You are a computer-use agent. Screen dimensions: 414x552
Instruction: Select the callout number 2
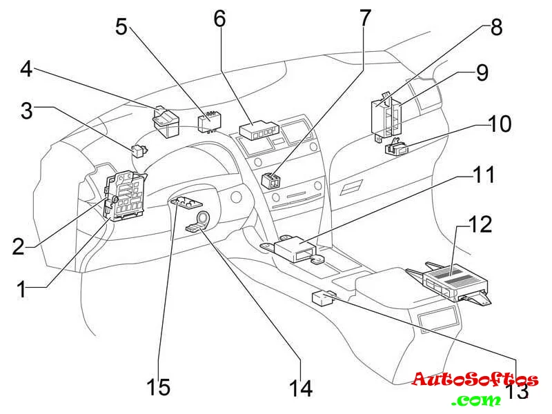pos(19,246)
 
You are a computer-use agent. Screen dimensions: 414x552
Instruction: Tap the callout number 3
pos(26,111)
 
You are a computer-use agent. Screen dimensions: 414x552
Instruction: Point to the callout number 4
pos(26,69)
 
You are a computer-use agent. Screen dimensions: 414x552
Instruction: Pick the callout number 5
pos(121,27)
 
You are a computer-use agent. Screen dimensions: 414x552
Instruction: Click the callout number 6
pos(219,19)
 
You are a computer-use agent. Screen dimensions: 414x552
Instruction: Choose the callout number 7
pos(364,18)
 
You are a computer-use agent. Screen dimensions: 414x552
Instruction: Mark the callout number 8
pos(496,27)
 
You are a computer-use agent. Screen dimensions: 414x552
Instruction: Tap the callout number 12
pos(480,226)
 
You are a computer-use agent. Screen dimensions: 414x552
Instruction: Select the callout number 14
pos(301,388)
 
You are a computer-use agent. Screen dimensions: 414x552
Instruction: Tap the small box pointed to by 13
pos(324,297)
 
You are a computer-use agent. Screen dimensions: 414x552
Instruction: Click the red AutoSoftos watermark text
pos(475,380)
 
